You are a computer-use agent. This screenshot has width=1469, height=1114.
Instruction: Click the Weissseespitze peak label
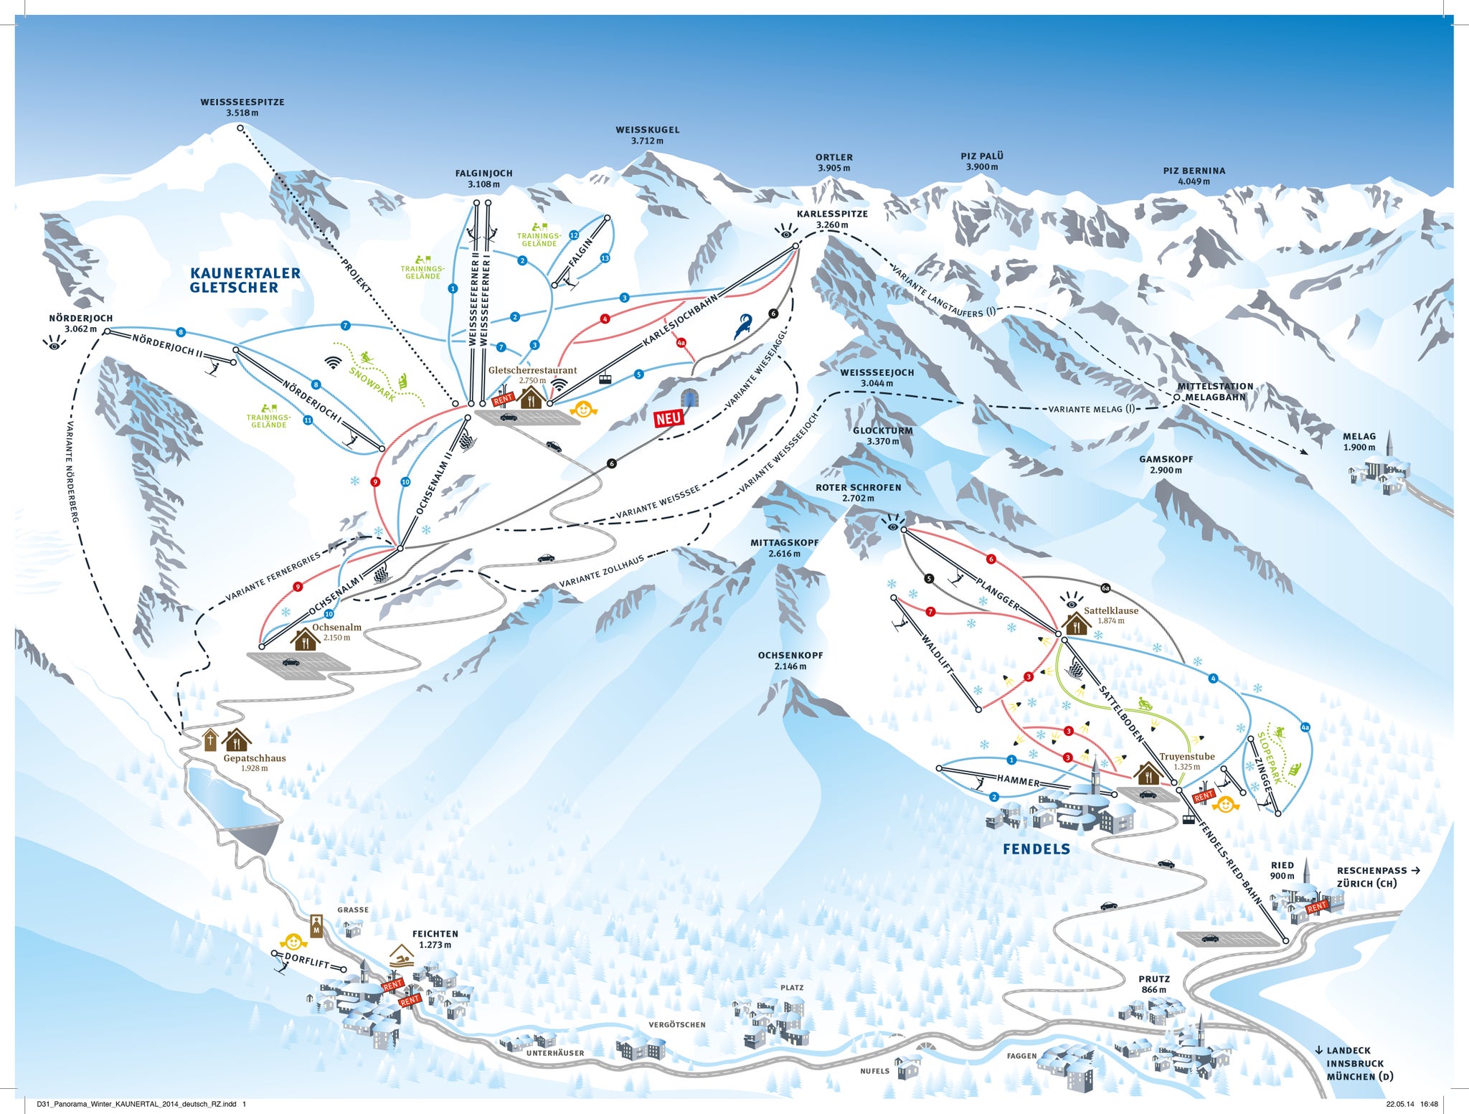pyautogui.click(x=242, y=108)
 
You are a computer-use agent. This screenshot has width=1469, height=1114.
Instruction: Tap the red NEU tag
pyautogui.click(x=668, y=418)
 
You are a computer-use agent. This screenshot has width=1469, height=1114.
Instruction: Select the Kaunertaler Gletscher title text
pyautogui.click(x=245, y=280)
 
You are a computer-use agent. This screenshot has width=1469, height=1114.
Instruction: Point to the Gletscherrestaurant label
pyautogui.click(x=532, y=370)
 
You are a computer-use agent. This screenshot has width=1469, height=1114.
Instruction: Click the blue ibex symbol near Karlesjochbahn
pyautogui.click(x=742, y=327)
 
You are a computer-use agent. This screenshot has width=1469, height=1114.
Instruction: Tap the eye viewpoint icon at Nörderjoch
pyautogui.click(x=54, y=343)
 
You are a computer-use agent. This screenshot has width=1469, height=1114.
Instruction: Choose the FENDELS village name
pyautogui.click(x=1036, y=849)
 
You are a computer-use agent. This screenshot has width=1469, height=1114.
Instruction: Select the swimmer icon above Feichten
pyautogui.click(x=402, y=956)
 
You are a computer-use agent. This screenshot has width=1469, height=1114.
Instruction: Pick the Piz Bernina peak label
pyautogui.click(x=1194, y=176)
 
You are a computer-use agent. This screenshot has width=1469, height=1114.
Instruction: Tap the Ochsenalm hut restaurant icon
pyautogui.click(x=305, y=639)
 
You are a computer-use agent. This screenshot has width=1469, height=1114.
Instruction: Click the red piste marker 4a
pyautogui.click(x=681, y=343)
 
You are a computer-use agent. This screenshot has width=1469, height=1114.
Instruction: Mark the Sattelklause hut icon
pyautogui.click(x=1076, y=624)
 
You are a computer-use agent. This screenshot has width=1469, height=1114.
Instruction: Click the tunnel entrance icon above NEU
pyautogui.click(x=691, y=397)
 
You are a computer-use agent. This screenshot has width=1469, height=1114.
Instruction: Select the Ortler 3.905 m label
pyautogui.click(x=833, y=163)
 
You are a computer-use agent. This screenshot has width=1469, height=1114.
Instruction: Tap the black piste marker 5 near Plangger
pyautogui.click(x=929, y=579)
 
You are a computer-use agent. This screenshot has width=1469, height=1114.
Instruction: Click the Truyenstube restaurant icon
pyautogui.click(x=1148, y=774)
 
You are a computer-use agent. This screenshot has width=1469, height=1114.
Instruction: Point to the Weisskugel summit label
pyautogui.click(x=647, y=136)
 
